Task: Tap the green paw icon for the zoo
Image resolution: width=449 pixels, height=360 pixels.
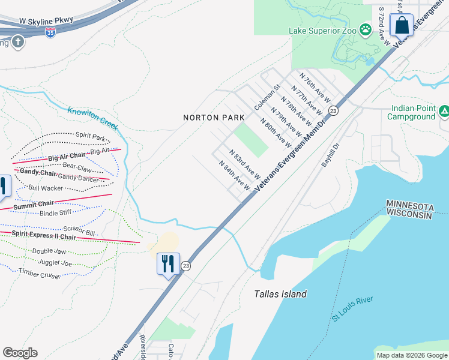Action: tap(365, 29)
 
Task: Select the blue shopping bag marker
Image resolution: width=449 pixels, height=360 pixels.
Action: tap(401, 25)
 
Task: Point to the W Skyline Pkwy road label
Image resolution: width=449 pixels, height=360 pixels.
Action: tap(46, 20)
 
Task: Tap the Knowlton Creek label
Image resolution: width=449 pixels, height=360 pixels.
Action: tap(92, 118)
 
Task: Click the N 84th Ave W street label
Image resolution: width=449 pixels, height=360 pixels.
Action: tap(234, 176)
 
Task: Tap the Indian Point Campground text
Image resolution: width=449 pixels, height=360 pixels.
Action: tap(412, 113)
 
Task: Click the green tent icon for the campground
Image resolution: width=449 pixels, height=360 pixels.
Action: tap(444, 110)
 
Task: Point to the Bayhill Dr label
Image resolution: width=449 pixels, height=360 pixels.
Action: tap(330, 154)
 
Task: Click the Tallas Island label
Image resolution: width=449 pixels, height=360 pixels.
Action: tap(280, 294)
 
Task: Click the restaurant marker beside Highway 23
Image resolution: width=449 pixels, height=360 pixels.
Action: tap(168, 264)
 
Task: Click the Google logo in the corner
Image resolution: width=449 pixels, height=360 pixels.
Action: tap(20, 352)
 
